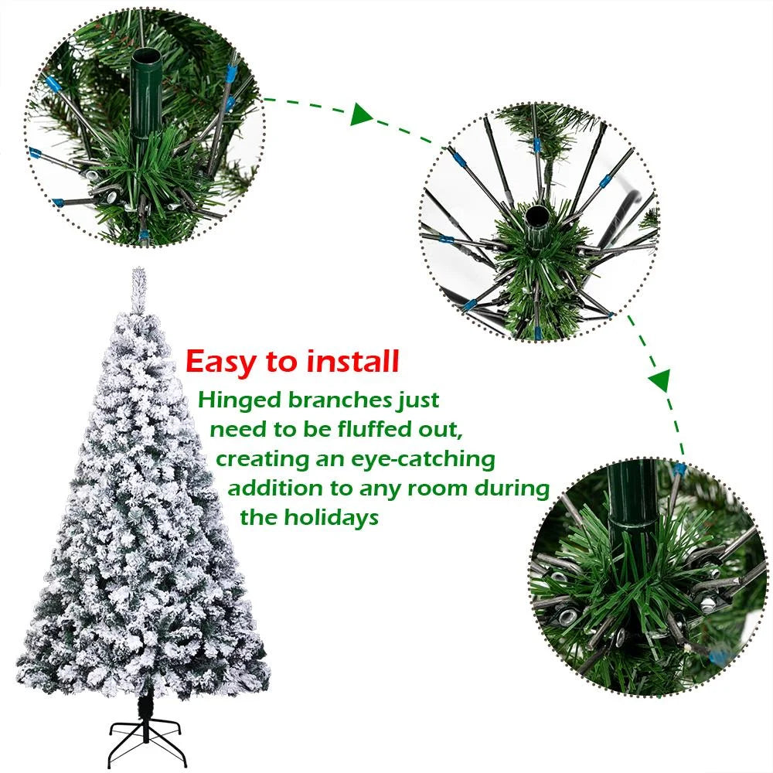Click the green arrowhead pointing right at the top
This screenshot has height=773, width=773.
tap(361, 115)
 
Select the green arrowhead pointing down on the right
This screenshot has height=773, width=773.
tap(659, 380)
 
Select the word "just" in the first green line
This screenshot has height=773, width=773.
tap(419, 400)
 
